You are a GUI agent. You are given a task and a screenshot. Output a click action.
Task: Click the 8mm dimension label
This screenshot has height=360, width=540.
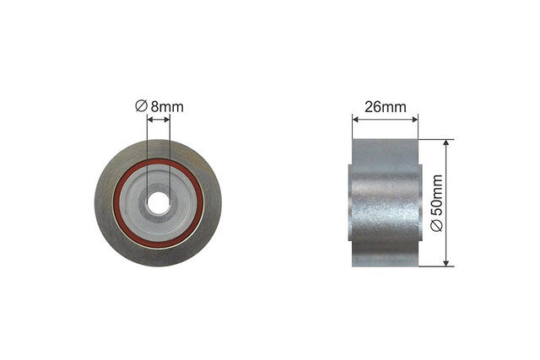pyautogui.click(x=167, y=107)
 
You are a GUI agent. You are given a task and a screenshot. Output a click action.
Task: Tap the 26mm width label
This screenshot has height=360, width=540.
pyautogui.click(x=386, y=107)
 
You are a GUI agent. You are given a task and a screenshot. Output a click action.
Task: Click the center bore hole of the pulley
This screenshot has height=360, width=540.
pyautogui.click(x=159, y=202)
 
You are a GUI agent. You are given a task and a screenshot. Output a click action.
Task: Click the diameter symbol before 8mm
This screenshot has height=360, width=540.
pyautogui.click(x=141, y=105)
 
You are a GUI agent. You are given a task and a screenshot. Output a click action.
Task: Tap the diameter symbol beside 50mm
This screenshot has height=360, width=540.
pyautogui.click(x=437, y=226)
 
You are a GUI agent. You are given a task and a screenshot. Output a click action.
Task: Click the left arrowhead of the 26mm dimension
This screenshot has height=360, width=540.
pyautogui.click(x=356, y=120)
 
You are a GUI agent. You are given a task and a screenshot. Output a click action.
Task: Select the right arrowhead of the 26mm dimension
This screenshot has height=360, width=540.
pyautogui.click(x=414, y=120)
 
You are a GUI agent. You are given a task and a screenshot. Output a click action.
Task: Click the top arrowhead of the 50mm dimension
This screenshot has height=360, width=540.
pyautogui.click(x=446, y=142)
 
